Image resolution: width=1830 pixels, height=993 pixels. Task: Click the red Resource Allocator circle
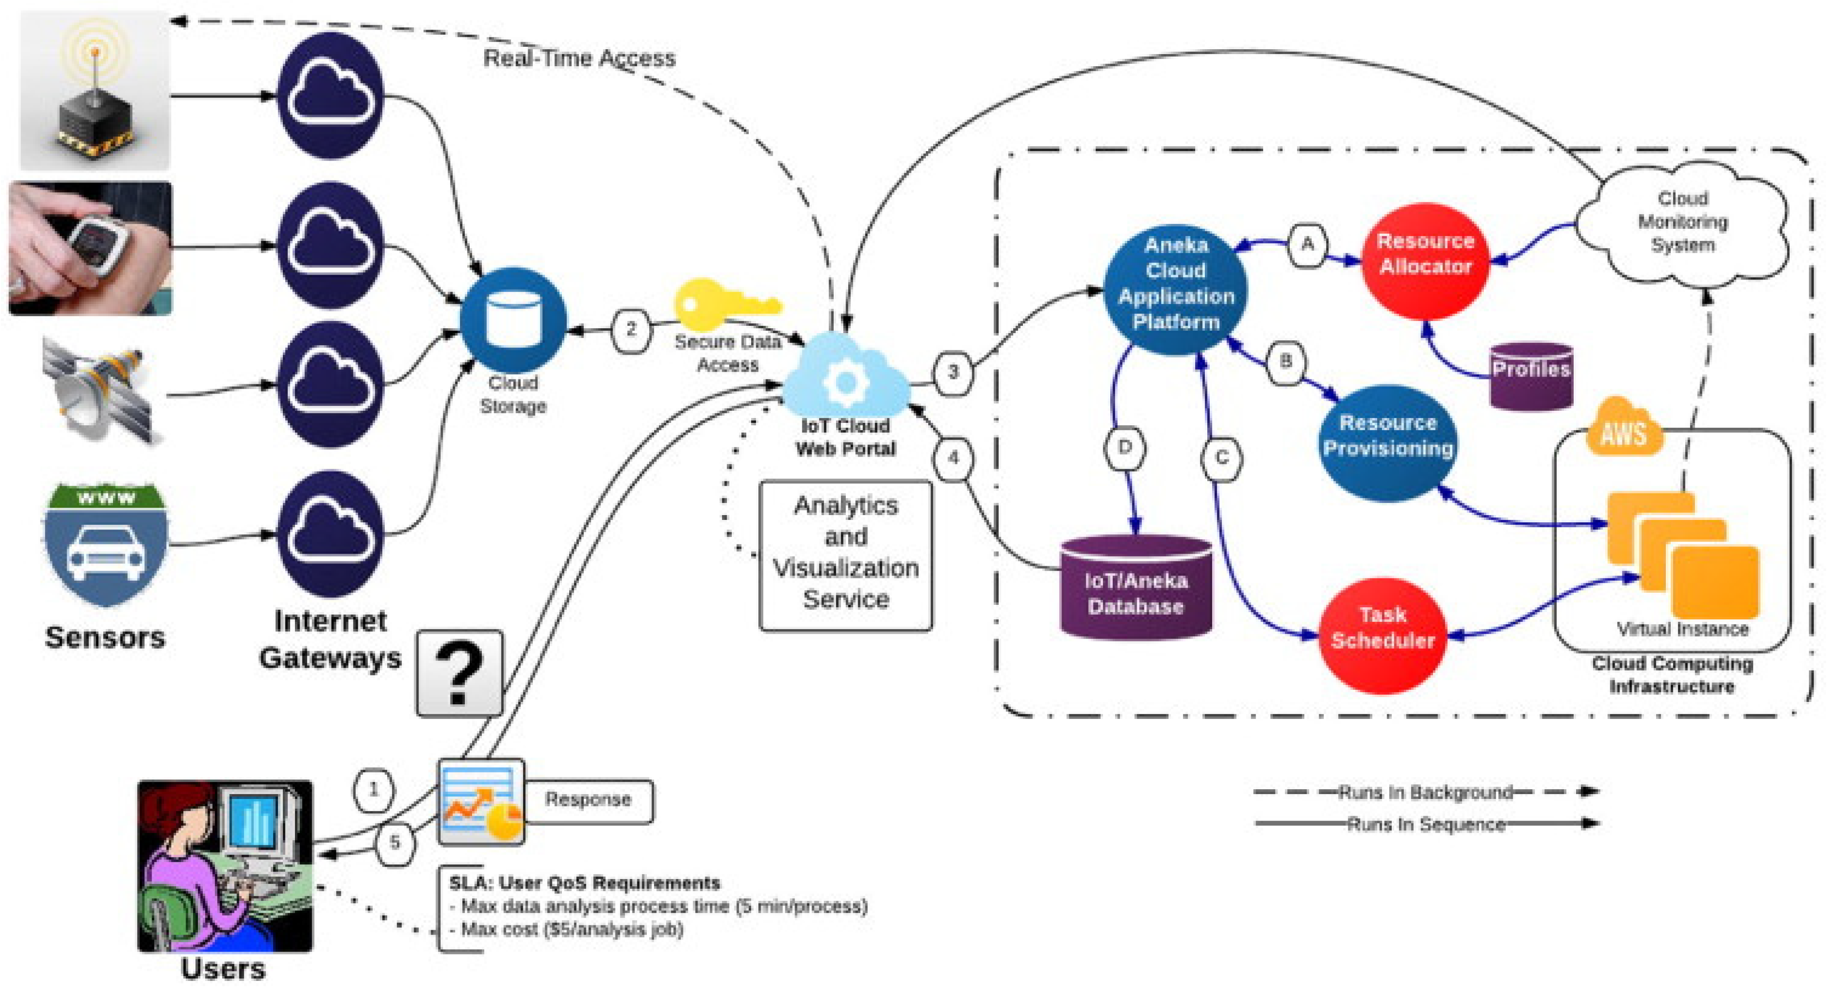coord(1425,261)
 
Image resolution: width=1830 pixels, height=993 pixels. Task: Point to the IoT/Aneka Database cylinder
coord(1135,589)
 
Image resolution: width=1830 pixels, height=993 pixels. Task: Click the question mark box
coord(459,672)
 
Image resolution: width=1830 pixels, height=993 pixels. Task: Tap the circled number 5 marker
coord(394,843)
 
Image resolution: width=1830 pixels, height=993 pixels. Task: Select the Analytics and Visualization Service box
coord(845,554)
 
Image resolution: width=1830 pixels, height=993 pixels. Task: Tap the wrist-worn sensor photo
coord(90,248)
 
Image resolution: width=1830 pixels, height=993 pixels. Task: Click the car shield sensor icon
coord(106,544)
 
